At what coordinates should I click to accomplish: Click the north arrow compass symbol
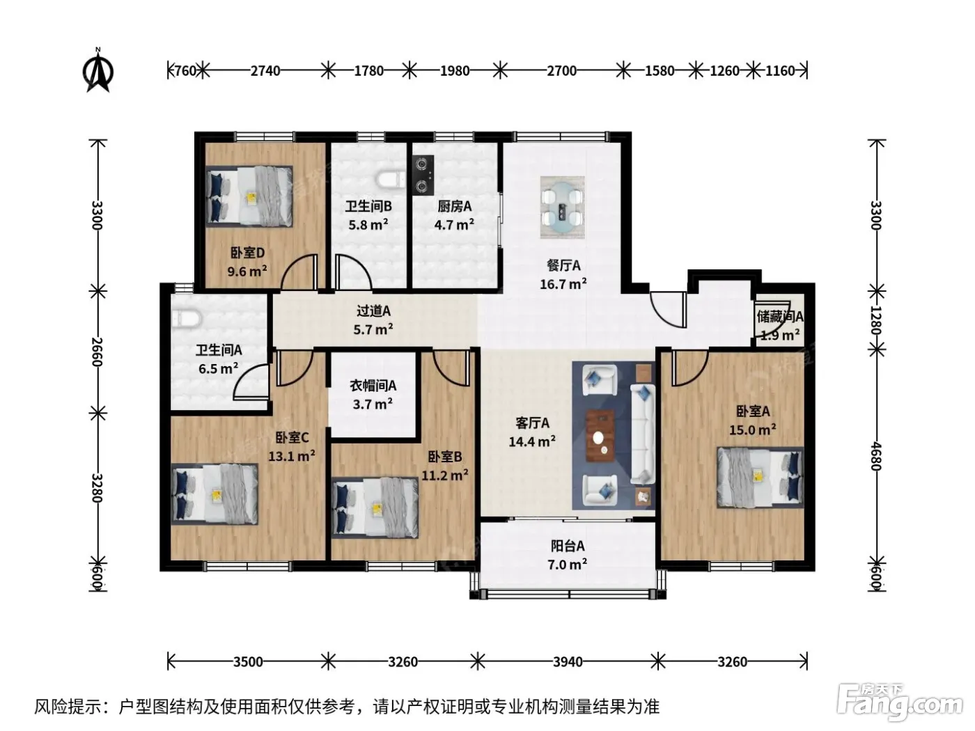tap(98, 70)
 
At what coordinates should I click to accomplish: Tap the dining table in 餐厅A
tap(562, 207)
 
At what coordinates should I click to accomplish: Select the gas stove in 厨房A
tap(423, 175)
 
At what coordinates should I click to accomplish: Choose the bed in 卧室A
tap(760, 477)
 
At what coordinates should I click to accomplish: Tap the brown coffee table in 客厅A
tap(600, 436)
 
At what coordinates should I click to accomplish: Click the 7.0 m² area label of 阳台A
tap(567, 565)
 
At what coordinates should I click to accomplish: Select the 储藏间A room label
tap(780, 317)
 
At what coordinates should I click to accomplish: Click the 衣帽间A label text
tap(373, 386)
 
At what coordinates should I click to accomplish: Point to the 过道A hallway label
tap(373, 311)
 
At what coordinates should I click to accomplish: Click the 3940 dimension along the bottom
tap(568, 662)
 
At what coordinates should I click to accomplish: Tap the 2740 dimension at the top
tap(265, 70)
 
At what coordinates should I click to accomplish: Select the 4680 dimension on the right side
tap(875, 456)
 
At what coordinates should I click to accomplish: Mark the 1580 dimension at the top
tap(660, 70)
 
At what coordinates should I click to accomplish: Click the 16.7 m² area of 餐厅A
tap(563, 284)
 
